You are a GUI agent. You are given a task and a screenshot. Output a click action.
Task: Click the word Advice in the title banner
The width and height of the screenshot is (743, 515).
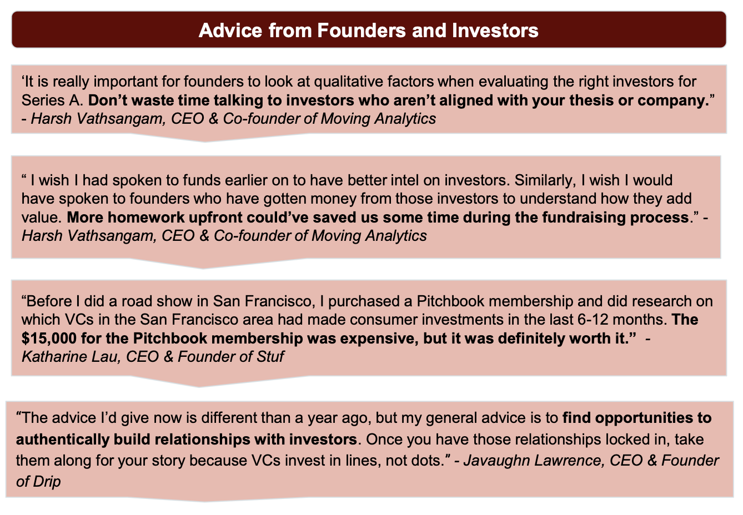tap(230, 31)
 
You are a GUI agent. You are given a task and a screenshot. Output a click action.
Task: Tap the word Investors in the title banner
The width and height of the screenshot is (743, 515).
tap(495, 31)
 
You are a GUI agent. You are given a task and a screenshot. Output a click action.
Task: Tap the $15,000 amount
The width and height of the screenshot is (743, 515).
tap(49, 339)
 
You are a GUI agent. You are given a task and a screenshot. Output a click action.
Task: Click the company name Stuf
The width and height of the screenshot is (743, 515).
tap(270, 357)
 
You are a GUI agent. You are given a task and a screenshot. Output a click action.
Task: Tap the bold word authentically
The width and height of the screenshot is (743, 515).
tap(62, 440)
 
